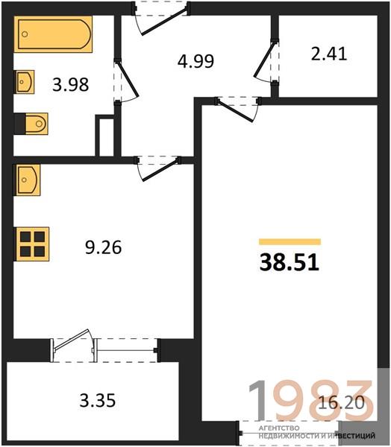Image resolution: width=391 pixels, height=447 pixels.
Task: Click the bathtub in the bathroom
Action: click(x=53, y=34)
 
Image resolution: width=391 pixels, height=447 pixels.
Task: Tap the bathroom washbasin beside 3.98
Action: click(x=25, y=82)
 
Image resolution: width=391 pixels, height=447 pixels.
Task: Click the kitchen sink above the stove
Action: click(x=27, y=180)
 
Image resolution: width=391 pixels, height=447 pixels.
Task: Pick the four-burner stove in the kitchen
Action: click(x=31, y=244)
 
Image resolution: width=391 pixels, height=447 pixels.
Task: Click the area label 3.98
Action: click(x=71, y=85)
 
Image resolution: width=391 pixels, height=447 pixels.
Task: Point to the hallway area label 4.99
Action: click(x=195, y=61)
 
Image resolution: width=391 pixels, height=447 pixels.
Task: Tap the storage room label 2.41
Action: click(x=329, y=54)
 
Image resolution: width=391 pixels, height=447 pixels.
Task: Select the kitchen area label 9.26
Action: click(x=104, y=247)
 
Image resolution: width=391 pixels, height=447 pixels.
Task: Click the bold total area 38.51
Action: click(x=290, y=262)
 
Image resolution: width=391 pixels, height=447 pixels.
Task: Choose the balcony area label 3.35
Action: click(x=98, y=400)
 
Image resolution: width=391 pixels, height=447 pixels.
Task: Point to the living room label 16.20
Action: click(x=341, y=403)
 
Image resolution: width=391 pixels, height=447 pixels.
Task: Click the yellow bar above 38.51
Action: click(x=290, y=241)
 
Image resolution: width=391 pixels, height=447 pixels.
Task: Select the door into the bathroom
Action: click(x=126, y=80)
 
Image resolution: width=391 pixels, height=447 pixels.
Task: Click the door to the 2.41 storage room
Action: click(x=266, y=62)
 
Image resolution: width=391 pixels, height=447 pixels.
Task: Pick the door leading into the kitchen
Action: click(x=159, y=168)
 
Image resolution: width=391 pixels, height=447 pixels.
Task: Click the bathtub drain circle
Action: click(x=25, y=34)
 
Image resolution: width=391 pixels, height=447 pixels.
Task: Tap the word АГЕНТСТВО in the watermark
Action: click(x=279, y=428)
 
